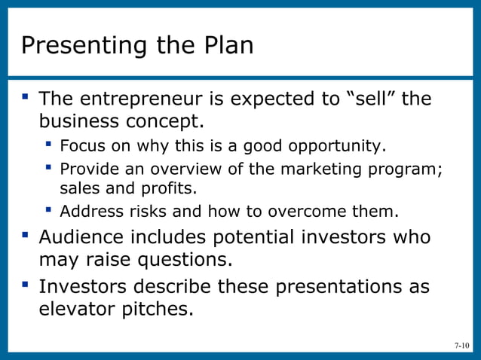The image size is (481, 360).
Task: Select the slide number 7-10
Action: click(461, 346)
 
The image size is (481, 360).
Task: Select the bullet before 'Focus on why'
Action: click(49, 143)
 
